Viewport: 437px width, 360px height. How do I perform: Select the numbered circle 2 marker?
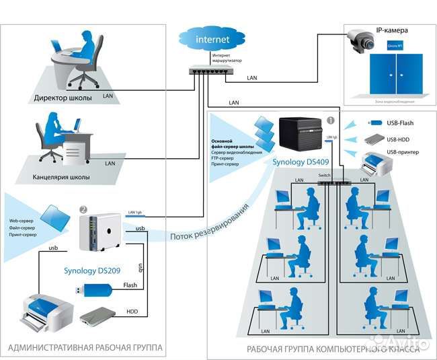click(83, 209)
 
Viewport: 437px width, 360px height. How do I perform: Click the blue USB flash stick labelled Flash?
click(91, 291)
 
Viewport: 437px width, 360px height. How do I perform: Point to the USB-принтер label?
click(403, 153)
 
